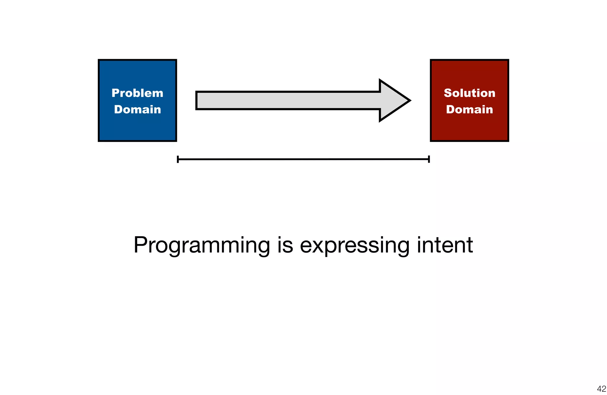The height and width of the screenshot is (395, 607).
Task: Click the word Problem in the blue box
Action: [x=137, y=93]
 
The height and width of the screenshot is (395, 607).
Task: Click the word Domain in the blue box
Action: [x=138, y=110]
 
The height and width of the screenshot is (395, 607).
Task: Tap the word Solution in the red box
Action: [x=469, y=93]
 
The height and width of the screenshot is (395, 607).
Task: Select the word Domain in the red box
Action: [x=469, y=110]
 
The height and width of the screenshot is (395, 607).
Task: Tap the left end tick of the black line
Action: [x=178, y=159]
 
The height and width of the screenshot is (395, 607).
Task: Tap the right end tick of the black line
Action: [x=429, y=159]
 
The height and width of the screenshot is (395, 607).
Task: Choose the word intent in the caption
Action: [x=445, y=245]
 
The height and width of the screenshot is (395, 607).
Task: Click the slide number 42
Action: [x=601, y=388]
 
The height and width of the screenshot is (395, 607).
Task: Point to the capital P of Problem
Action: [x=115, y=93]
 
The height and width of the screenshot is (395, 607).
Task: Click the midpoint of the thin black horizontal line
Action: [x=303, y=159]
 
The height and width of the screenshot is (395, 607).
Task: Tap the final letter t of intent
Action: [x=469, y=246]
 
